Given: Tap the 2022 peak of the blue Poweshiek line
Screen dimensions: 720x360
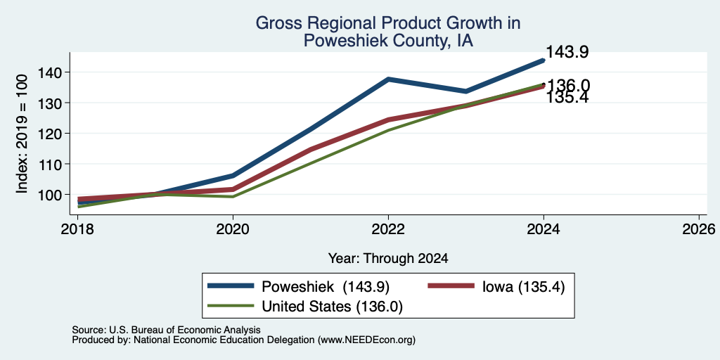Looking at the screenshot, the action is [388, 79].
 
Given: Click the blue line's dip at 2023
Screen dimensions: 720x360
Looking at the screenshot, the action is [466, 91].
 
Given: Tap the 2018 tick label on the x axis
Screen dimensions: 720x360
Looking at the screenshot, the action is [78, 229].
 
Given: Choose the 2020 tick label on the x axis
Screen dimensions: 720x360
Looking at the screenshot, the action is [233, 229].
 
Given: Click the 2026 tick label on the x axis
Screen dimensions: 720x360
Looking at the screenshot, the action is [699, 229].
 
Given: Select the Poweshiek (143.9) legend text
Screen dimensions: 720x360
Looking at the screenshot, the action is [326, 287].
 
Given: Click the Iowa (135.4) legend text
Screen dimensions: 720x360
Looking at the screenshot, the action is [523, 287].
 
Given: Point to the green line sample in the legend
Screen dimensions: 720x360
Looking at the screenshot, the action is [231, 305].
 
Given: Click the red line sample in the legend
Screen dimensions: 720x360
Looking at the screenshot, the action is [451, 285].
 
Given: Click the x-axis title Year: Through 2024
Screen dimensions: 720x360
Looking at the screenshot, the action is [388, 259].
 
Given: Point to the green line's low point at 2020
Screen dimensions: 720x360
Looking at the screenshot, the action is [233, 197].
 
